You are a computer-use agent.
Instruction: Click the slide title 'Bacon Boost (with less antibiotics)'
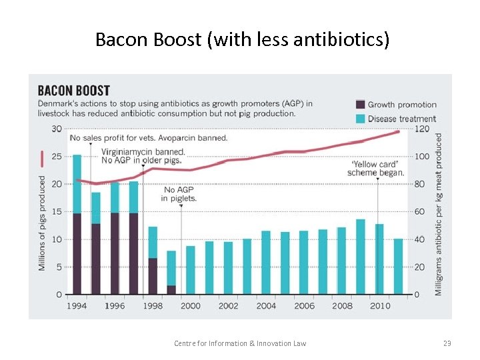[242, 40]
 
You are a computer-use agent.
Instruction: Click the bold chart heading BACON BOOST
[73, 90]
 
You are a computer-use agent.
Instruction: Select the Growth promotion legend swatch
[360, 104]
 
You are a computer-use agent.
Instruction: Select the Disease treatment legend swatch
[360, 118]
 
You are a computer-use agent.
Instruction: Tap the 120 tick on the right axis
[422, 129]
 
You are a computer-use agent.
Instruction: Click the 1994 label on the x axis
[76, 306]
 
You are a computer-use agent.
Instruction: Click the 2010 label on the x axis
[380, 306]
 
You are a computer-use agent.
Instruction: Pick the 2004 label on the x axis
[266, 306]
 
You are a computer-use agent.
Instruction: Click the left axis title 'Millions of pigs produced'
[43, 223]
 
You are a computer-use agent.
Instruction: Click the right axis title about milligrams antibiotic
[439, 213]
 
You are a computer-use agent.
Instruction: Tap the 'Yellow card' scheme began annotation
[375, 168]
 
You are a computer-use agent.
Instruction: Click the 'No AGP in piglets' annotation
[180, 193]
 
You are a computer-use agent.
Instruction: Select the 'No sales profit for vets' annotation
[148, 138]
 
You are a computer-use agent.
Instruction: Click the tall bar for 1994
[77, 227]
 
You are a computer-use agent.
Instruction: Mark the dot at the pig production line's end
[398, 131]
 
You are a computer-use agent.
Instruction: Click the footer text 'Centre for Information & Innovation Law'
[240, 343]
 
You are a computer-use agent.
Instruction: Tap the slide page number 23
[447, 343]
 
